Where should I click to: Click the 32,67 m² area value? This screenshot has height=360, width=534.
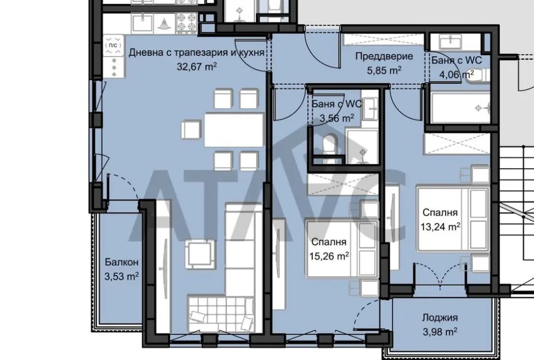tap(196, 66)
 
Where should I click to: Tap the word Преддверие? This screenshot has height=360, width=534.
tap(384, 56)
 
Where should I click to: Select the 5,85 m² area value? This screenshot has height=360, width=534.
tap(384, 70)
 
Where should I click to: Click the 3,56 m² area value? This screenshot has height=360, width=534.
tap(337, 118)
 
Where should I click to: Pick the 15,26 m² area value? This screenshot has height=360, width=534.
tap(329, 256)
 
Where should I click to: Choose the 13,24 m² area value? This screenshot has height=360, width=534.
tap(440, 226)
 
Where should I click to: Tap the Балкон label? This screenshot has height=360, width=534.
tap(122, 262)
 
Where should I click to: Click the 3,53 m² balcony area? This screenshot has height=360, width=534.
tap(122, 276)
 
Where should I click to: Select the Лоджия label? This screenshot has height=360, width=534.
tap(440, 318)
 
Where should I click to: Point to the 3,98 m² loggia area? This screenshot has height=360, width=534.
tap(440, 331)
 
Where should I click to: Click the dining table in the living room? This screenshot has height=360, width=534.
tap(234, 130)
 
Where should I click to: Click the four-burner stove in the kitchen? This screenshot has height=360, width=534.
tap(186, 23)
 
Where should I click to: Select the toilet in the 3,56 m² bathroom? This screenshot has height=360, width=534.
tap(329, 145)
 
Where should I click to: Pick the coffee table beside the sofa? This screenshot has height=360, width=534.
tap(200, 254)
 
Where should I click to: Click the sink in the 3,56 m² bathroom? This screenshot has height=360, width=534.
tap(370, 109)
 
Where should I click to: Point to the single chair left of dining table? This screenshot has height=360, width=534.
tap(191, 130)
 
